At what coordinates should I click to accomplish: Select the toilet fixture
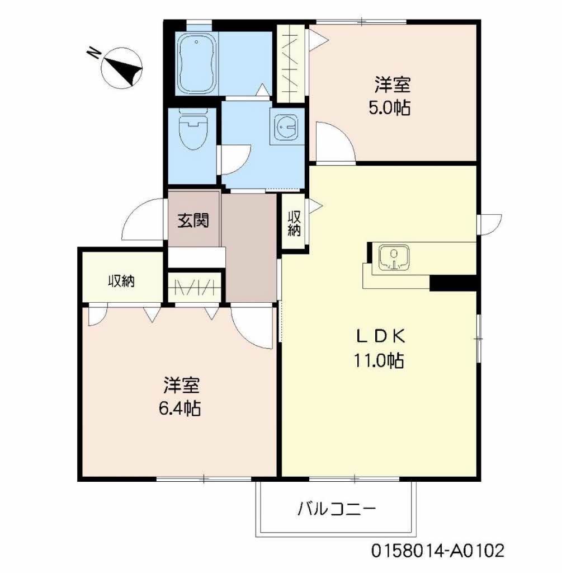click(192, 131)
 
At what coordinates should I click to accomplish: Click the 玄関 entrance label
click(193, 220)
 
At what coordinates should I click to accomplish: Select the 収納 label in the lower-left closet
click(121, 281)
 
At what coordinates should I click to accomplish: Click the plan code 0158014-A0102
click(438, 551)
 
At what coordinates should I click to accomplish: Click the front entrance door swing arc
click(141, 220)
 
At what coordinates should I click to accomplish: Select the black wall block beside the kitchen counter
click(452, 283)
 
